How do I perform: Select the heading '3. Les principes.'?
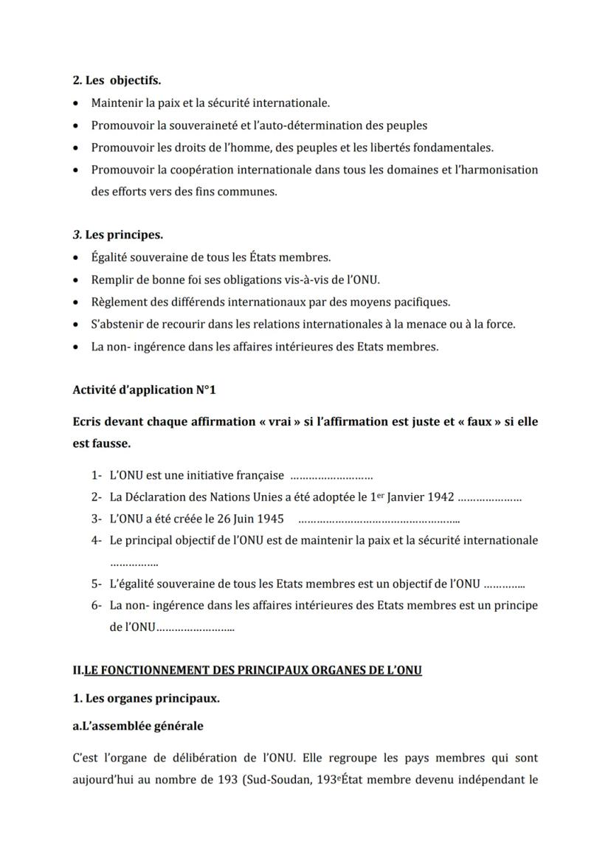click(x=118, y=235)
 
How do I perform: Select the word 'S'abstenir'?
click(x=117, y=324)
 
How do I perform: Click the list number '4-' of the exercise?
click(x=96, y=540)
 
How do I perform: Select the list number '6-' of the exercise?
click(x=96, y=606)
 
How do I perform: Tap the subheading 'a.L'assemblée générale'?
click(x=138, y=726)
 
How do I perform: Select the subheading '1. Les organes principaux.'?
click(x=146, y=698)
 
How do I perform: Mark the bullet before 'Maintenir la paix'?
click(x=77, y=103)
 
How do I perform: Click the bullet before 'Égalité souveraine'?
click(x=77, y=258)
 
